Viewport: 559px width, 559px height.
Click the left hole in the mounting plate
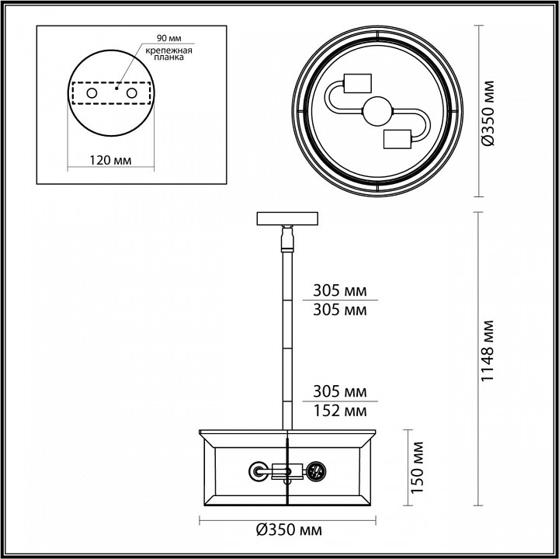point(92,93)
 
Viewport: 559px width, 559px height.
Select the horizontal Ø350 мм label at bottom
point(290,530)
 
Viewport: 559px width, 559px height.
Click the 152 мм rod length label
point(339,409)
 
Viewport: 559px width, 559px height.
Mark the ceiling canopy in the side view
point(288,218)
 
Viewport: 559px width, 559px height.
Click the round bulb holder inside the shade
point(257,470)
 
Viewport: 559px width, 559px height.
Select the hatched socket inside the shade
point(315,470)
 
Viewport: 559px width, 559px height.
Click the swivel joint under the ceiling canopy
point(288,237)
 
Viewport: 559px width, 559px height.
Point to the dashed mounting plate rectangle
point(112,93)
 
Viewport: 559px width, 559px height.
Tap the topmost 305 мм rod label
point(339,292)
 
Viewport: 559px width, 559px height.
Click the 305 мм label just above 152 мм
point(339,391)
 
